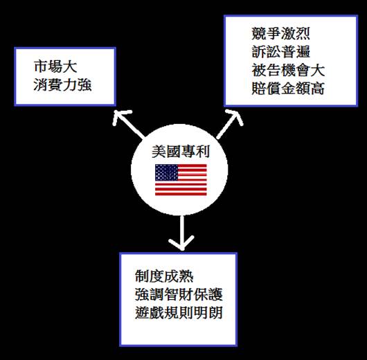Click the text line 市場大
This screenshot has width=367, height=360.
[55, 66]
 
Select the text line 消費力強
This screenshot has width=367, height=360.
[62, 84]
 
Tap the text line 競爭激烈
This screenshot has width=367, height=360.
[280, 33]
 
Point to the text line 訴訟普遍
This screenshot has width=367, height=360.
[280, 52]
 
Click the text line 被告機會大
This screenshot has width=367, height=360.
[288, 70]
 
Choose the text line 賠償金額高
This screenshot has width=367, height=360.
[288, 88]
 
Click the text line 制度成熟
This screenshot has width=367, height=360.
[164, 276]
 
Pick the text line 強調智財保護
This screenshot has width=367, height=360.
[179, 294]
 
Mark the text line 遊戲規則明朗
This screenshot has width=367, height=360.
[179, 312]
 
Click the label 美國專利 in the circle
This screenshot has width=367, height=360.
[181, 152]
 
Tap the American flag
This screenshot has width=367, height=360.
[181, 180]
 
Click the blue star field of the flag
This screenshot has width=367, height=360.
[166, 172]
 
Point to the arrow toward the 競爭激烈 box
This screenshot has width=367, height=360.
[230, 124]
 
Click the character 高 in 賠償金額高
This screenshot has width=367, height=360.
[317, 88]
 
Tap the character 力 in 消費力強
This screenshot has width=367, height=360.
[70, 84]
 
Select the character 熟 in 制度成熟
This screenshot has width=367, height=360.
[186, 276]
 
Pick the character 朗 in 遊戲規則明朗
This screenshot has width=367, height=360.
[215, 312]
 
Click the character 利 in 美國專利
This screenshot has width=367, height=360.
[202, 152]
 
